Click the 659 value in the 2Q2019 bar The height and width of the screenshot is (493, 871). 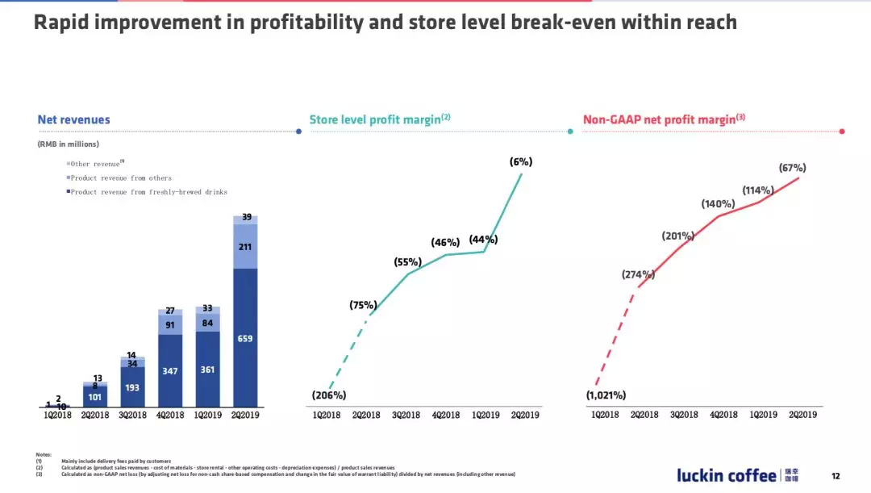click(245, 339)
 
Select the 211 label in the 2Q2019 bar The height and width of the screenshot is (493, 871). click(245, 246)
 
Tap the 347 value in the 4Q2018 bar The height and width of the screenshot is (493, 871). click(169, 370)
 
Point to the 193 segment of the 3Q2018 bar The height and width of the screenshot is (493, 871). click(132, 387)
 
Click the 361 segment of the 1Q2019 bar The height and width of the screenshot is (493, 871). click(207, 370)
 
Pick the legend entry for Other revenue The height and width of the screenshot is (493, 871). click(95, 164)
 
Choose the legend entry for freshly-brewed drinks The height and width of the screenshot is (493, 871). click(148, 192)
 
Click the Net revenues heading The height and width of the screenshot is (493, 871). click(73, 119)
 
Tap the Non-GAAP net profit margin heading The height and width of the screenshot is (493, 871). click(663, 119)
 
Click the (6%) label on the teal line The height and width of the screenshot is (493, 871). click(521, 161)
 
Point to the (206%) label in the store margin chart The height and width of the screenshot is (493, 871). click(329, 395)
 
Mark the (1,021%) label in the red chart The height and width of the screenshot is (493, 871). click(606, 395)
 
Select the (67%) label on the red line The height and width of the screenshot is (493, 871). click(792, 168)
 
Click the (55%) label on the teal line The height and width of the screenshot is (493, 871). click(408, 262)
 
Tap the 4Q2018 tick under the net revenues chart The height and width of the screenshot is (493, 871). click(169, 415)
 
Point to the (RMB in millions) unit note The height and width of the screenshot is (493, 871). click(68, 144)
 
